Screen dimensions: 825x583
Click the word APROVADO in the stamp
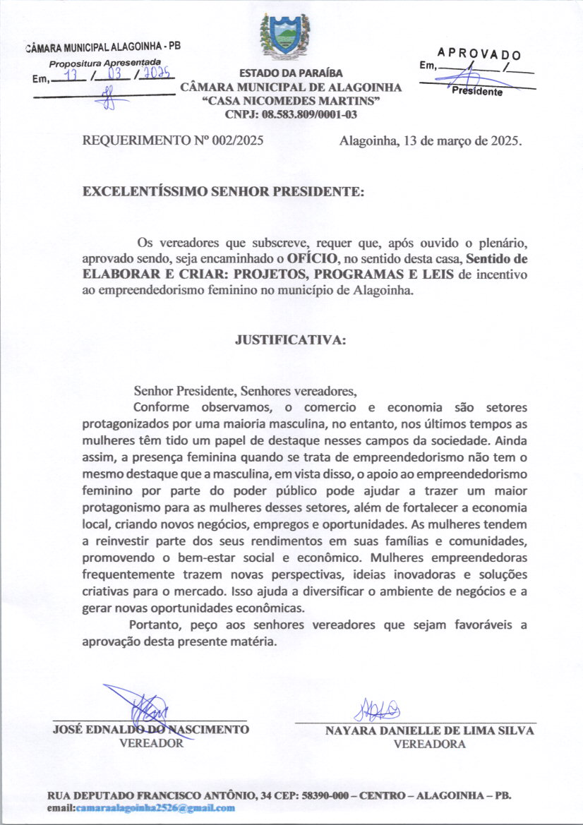pos(479,53)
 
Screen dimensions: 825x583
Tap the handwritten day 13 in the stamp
pos(69,73)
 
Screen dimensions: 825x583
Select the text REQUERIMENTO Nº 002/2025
pos(173,140)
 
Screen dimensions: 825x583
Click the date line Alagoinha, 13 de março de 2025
pos(431,140)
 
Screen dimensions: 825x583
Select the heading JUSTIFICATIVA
pos(290,339)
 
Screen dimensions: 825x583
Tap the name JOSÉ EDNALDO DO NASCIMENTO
pos(150,730)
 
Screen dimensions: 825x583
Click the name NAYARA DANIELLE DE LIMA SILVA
pos(429,731)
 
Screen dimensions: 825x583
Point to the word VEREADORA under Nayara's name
pos(429,744)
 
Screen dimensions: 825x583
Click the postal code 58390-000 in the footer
pos(327,795)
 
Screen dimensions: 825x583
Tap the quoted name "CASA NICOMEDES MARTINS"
pos(290,101)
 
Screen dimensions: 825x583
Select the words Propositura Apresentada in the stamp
pos(105,63)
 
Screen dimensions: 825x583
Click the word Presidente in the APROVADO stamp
pos(477,92)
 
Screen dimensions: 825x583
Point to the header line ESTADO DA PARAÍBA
pos(291,73)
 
